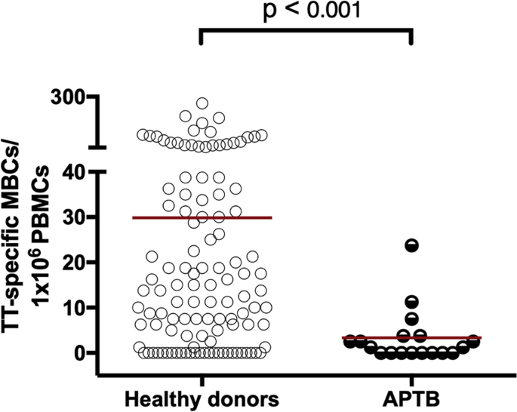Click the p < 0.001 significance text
(x=305, y=13)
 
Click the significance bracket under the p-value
(x=305, y=31)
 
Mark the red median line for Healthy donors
(x=202, y=217)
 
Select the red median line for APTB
(x=411, y=337)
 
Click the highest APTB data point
(x=411, y=244)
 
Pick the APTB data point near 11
(x=411, y=302)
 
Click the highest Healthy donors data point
(x=202, y=103)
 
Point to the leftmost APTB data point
(x=349, y=342)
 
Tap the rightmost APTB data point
(x=474, y=342)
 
